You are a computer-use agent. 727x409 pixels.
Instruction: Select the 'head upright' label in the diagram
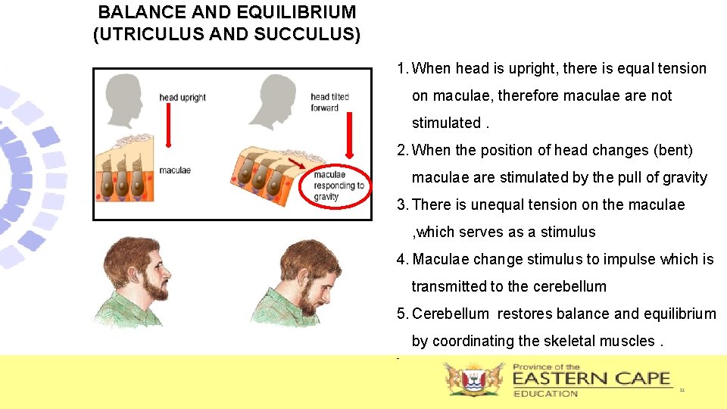coord(183,98)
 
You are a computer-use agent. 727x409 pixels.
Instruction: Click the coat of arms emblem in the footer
coord(473,379)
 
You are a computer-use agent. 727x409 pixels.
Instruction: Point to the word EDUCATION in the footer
coord(545,394)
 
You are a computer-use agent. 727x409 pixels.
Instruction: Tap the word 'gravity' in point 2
coord(684,178)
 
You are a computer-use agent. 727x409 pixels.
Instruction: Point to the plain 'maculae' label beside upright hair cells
coord(175,170)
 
